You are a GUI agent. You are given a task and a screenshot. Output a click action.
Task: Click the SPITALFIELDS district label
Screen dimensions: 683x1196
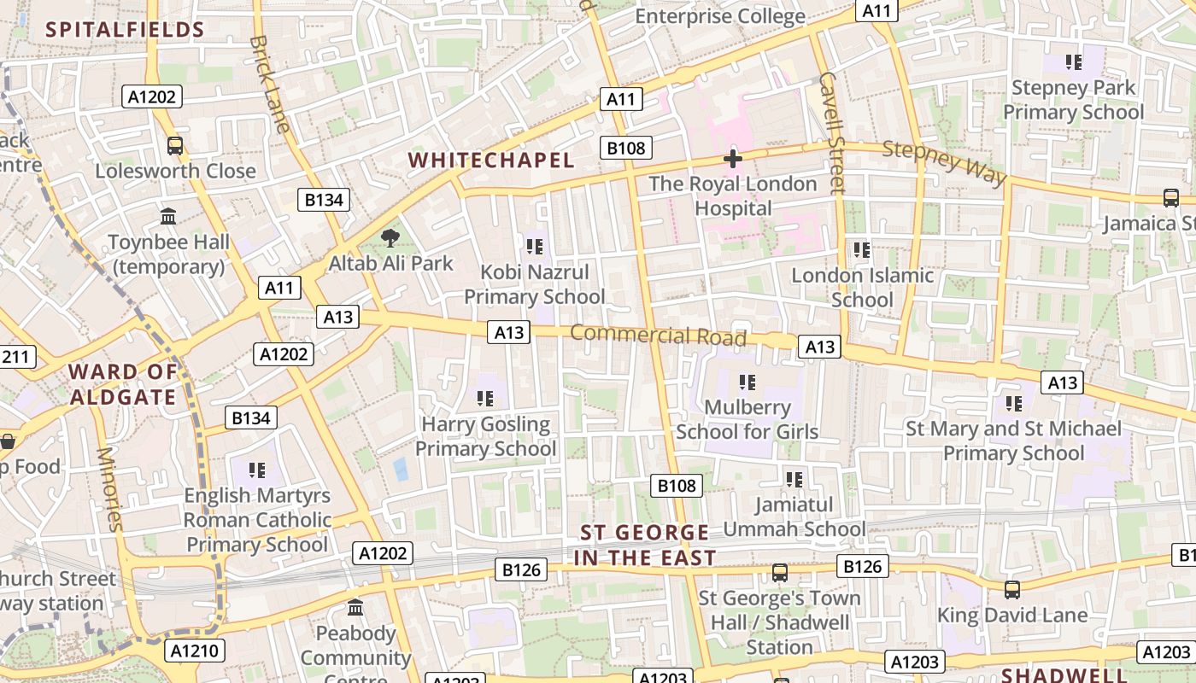(x=125, y=30)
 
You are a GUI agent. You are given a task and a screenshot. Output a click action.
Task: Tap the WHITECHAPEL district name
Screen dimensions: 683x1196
(x=491, y=160)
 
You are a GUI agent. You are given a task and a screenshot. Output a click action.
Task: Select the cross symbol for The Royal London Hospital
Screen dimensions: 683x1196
(x=732, y=158)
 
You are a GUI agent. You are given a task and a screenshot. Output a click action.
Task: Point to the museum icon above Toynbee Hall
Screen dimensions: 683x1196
(x=168, y=217)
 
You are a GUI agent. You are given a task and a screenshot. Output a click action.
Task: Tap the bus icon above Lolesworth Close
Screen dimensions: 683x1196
(x=175, y=146)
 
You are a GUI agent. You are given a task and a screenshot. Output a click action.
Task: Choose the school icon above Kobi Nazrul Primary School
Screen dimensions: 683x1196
(x=535, y=248)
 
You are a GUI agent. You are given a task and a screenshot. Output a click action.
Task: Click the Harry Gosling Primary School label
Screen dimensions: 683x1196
(x=485, y=436)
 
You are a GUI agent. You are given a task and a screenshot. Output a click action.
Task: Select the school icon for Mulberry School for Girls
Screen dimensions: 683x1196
(x=747, y=382)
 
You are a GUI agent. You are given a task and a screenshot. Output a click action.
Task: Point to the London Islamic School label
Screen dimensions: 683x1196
(x=862, y=288)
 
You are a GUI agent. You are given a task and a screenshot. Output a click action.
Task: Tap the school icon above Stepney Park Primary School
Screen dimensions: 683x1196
(x=1074, y=62)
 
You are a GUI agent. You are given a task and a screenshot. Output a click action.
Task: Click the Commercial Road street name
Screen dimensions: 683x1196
(x=658, y=335)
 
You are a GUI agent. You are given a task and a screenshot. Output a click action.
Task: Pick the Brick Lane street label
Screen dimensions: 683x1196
(x=270, y=84)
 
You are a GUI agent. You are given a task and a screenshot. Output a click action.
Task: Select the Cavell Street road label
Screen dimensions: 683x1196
(x=831, y=132)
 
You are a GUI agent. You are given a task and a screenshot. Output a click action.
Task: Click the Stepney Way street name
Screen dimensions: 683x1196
(x=944, y=161)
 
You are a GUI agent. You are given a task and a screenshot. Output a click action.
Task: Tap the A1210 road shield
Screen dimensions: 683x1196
(x=195, y=651)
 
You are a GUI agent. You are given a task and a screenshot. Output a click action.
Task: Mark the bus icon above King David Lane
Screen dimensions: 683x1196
(x=1012, y=589)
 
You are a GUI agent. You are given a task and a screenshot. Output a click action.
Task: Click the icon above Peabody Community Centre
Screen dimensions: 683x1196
(x=355, y=608)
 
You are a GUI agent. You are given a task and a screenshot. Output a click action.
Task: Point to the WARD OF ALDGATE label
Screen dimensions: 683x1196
(x=123, y=384)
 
